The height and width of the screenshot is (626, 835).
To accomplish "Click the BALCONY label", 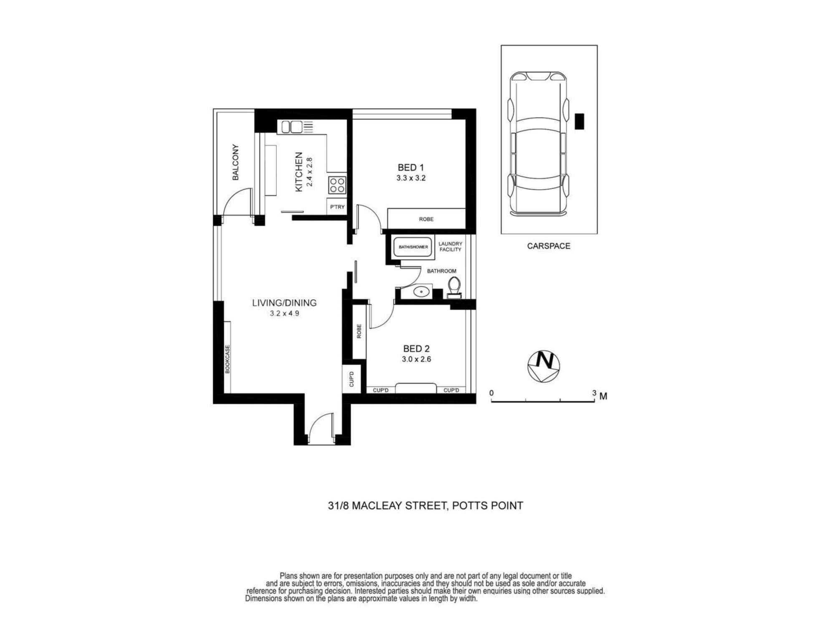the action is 235,162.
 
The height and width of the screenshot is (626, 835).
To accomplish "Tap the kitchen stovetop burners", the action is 337,185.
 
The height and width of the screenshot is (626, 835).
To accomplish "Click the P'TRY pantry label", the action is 337,207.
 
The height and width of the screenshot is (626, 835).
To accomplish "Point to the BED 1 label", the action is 411,168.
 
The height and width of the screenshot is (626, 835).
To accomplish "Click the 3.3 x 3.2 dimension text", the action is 411,178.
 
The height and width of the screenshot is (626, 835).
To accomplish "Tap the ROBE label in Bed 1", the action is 426,219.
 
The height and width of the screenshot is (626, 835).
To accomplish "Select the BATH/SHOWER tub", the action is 413,247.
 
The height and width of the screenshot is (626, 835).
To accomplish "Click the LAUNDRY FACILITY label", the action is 450,247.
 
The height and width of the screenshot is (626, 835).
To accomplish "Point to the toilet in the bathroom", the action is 454,287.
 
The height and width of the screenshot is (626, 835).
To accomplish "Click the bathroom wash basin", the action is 422,291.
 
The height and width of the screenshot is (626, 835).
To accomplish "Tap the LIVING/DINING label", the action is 284,303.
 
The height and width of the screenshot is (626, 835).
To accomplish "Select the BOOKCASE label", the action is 228,359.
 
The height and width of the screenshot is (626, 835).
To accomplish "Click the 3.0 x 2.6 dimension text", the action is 416,359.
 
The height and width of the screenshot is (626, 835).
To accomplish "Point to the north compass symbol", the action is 544,366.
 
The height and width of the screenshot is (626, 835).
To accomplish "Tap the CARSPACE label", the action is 549,246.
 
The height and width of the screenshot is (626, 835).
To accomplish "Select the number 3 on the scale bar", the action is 594,393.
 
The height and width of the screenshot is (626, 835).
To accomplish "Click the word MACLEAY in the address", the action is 377,506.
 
